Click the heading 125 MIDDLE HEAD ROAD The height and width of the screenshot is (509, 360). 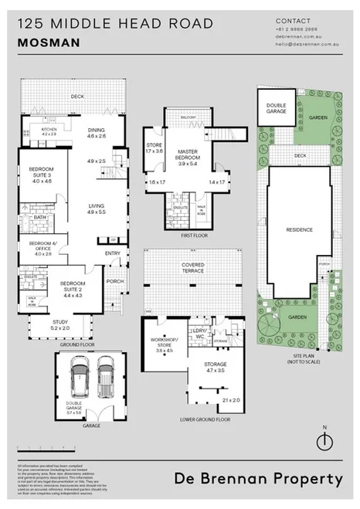point(114,24)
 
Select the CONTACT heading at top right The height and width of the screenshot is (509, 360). point(293,21)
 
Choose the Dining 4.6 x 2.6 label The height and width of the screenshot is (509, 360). point(97,134)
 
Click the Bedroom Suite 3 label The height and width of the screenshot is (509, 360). point(40,175)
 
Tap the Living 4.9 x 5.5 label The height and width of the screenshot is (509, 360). point(97,208)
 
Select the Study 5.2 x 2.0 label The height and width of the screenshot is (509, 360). point(60,326)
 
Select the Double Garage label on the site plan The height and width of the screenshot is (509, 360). point(277,108)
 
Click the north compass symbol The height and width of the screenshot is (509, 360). point(325,439)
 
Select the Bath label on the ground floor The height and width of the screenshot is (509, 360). point(40,218)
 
